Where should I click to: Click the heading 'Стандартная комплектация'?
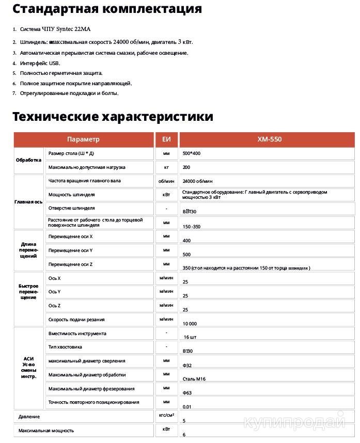pos(106,10)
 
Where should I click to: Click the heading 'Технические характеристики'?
pos(113,116)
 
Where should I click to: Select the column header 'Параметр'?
pos(83,139)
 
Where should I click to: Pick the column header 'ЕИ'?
pos(166,139)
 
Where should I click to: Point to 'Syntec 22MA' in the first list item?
pos(80,29)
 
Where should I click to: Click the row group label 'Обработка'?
pos(28,160)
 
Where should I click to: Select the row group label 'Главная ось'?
pos(28,202)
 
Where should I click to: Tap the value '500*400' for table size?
pos(192,154)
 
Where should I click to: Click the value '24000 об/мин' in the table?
pos(197,181)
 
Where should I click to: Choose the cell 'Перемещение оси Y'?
pos(70,250)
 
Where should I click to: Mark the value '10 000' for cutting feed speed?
pos(191,323)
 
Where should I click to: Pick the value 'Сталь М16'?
pos(194,378)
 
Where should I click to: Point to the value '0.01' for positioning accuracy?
pos(187,406)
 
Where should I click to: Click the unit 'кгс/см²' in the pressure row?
pos(166,414)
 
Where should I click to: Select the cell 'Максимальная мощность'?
pos(46,430)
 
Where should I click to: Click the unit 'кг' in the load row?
pos(166,167)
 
